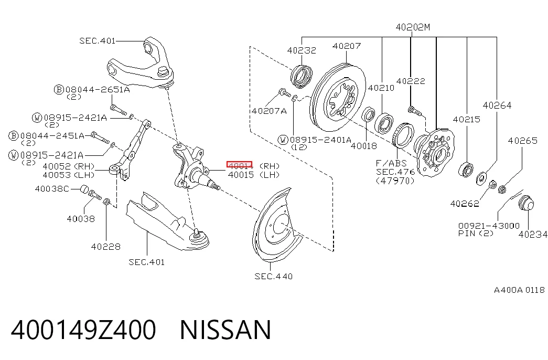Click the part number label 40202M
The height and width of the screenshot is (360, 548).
click(x=413, y=27)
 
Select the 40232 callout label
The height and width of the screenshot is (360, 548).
click(x=302, y=50)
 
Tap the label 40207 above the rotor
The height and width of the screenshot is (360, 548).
click(x=347, y=46)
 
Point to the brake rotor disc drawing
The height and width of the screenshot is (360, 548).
click(x=338, y=97)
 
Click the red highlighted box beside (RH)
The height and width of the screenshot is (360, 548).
click(x=240, y=165)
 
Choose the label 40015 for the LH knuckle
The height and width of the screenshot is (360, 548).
click(x=241, y=175)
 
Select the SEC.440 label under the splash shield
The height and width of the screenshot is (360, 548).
click(x=274, y=277)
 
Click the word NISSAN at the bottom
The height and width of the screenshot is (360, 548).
click(x=225, y=330)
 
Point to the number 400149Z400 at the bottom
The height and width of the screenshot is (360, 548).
click(x=83, y=330)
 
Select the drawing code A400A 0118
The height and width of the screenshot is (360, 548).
click(x=519, y=290)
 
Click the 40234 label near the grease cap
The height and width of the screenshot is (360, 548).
click(x=533, y=235)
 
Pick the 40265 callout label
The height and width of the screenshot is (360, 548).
click(x=522, y=141)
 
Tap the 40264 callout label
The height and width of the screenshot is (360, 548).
click(x=497, y=105)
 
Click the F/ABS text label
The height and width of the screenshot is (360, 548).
click(x=391, y=163)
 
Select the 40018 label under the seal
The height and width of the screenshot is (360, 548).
click(x=364, y=146)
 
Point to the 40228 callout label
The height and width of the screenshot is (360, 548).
click(x=105, y=247)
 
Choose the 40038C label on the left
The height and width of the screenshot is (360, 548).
click(x=52, y=189)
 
